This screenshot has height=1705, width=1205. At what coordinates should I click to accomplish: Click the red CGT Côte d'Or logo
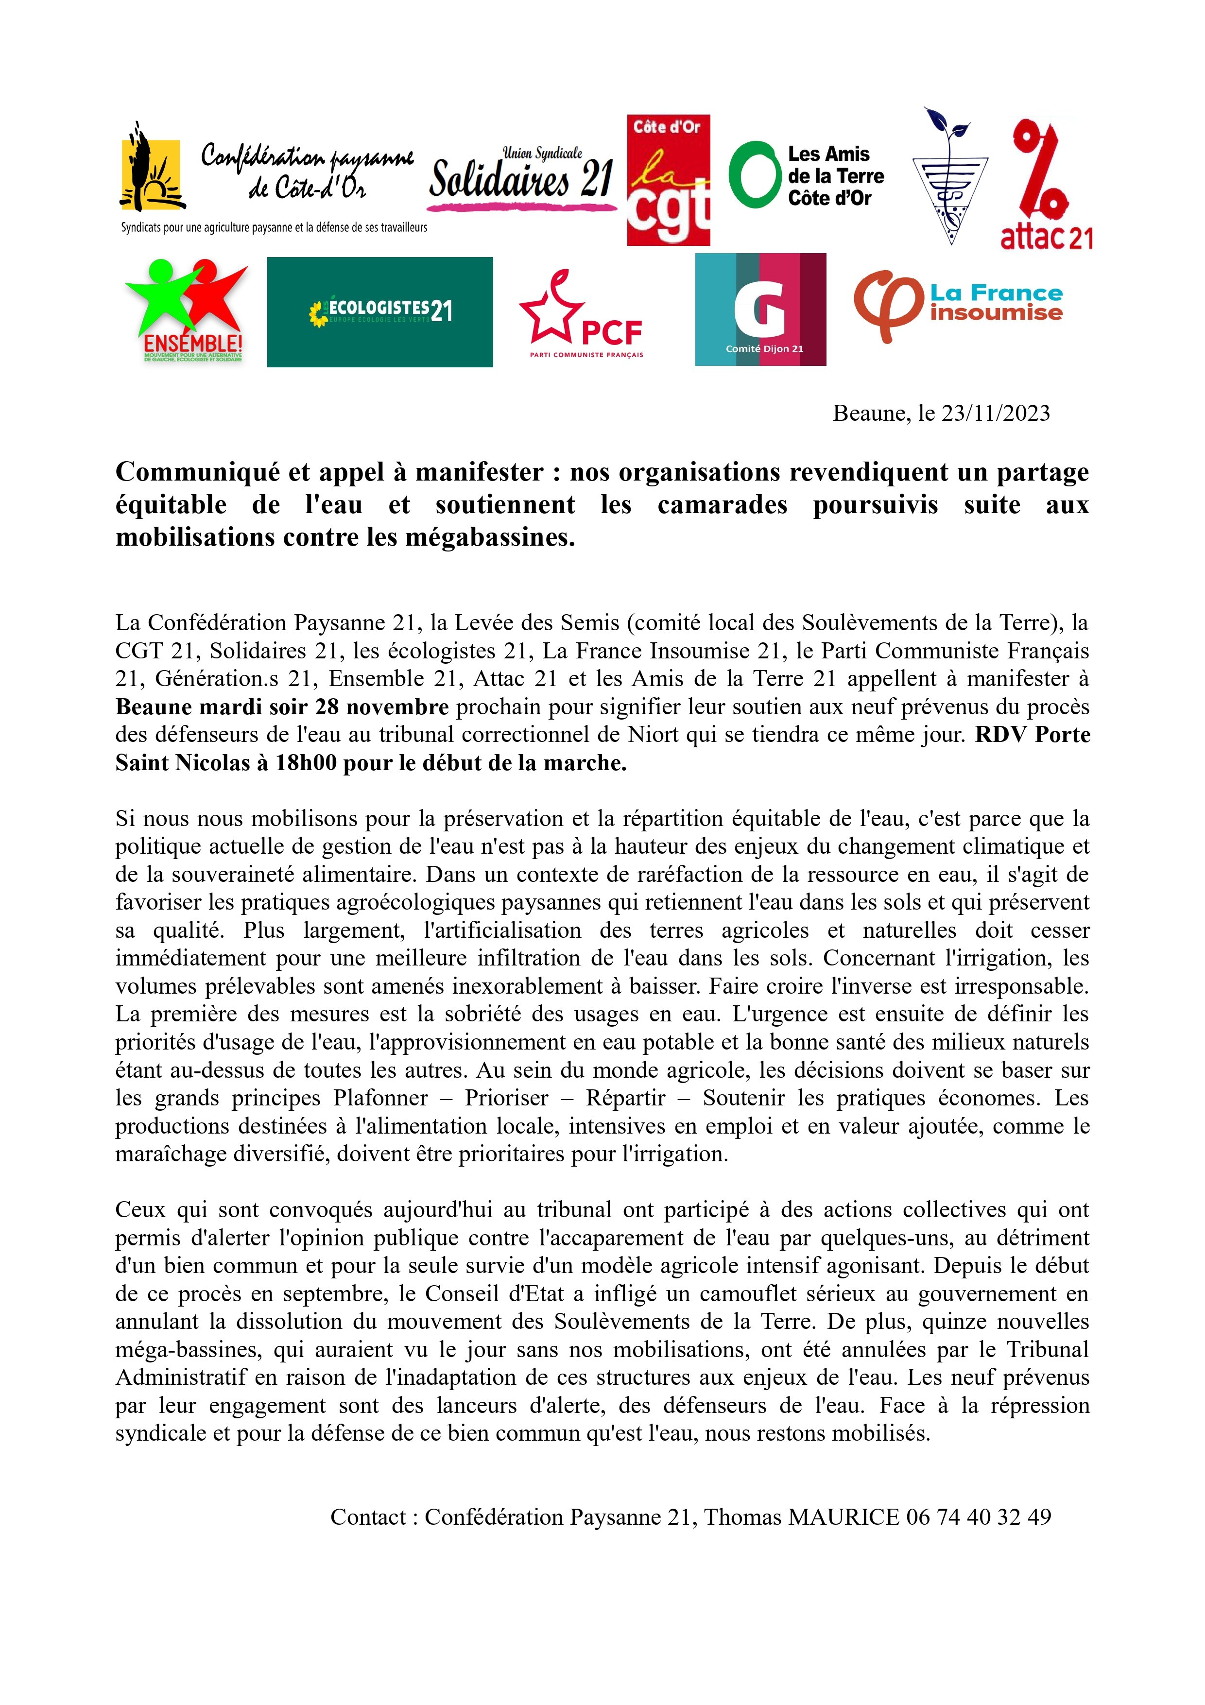(668, 180)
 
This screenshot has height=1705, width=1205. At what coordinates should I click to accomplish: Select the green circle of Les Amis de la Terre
(754, 175)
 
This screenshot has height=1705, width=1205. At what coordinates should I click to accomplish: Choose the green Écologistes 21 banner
(379, 312)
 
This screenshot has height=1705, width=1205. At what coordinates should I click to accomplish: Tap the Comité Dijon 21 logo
(760, 310)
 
